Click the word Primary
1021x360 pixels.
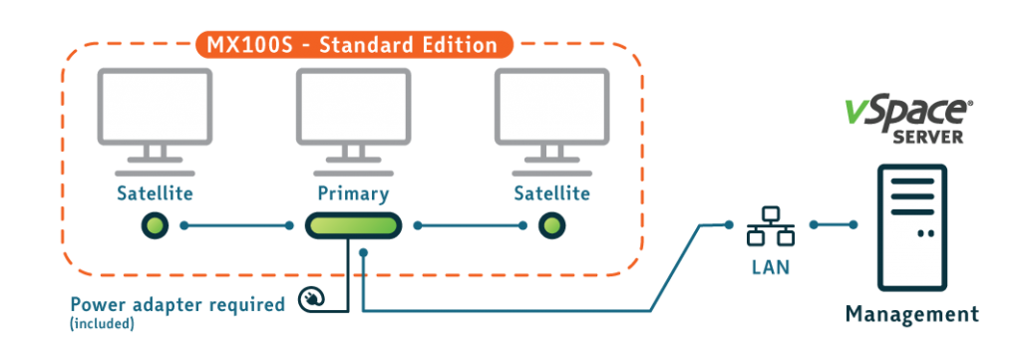click(353, 194)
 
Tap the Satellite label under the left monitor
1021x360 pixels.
click(155, 193)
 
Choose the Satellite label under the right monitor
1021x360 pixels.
click(552, 193)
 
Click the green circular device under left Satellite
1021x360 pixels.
click(155, 226)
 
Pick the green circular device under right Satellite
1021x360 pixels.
click(551, 226)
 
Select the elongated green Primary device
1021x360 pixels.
click(353, 226)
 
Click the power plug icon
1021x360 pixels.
click(312, 300)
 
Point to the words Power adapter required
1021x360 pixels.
click(177, 305)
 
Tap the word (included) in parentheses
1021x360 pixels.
click(103, 323)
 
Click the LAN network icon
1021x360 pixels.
click(771, 226)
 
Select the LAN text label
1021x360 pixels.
click(771, 266)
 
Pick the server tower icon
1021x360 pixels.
click(911, 227)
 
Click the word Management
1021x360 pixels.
click(911, 314)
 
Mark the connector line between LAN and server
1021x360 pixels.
click(834, 224)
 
